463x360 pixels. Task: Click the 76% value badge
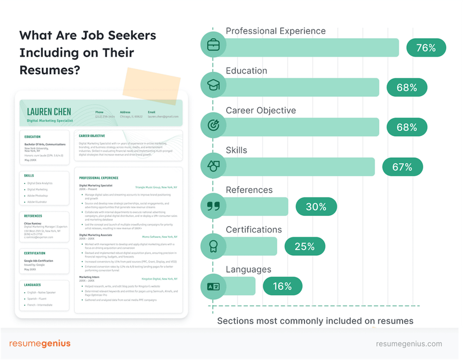pyautogui.click(x=426, y=47)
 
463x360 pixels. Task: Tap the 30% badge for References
pyautogui.click(x=315, y=207)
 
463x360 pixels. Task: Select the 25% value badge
pyautogui.click(x=304, y=246)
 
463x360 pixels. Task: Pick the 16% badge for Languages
pyautogui.click(x=282, y=286)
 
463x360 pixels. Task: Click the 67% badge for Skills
pyautogui.click(x=402, y=167)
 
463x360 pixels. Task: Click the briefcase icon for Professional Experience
pyautogui.click(x=214, y=45)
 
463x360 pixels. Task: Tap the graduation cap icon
pyautogui.click(x=214, y=85)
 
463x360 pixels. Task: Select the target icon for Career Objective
pyautogui.click(x=214, y=125)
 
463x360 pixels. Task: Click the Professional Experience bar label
pyautogui.click(x=275, y=31)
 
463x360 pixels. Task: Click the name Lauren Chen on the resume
pyautogui.click(x=49, y=112)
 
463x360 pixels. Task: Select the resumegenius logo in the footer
pyautogui.click(x=40, y=344)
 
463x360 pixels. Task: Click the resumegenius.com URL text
pyautogui.click(x=409, y=344)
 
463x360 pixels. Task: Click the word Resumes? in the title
pyautogui.click(x=50, y=70)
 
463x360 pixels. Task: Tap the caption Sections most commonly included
pyautogui.click(x=315, y=321)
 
